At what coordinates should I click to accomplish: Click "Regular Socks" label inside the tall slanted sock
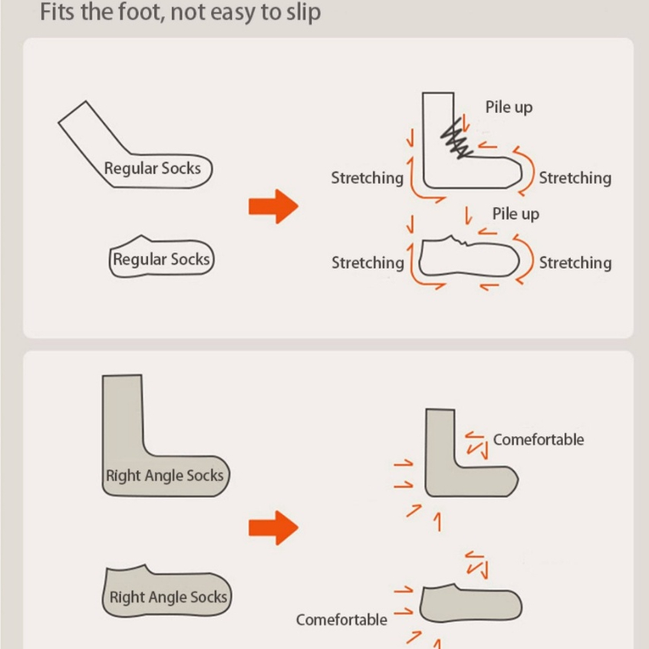[x=153, y=169]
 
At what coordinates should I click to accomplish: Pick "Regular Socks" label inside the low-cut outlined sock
[x=161, y=259]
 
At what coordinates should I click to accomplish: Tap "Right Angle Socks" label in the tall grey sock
[x=165, y=476]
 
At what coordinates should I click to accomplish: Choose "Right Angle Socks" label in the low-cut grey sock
[x=168, y=598]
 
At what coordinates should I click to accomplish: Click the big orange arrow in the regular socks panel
[x=274, y=206]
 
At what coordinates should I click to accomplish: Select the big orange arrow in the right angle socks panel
[x=274, y=528]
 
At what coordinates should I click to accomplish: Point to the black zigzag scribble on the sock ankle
[x=457, y=140]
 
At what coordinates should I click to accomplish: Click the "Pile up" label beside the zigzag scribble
[x=509, y=107]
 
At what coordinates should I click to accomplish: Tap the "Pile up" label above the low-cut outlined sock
[x=516, y=214]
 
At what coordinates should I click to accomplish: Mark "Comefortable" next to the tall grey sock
[x=539, y=440]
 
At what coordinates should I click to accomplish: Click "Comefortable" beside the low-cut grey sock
[x=341, y=620]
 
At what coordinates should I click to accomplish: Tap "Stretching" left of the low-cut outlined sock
[x=367, y=263]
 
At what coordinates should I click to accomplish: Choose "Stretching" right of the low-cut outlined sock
[x=575, y=263]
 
